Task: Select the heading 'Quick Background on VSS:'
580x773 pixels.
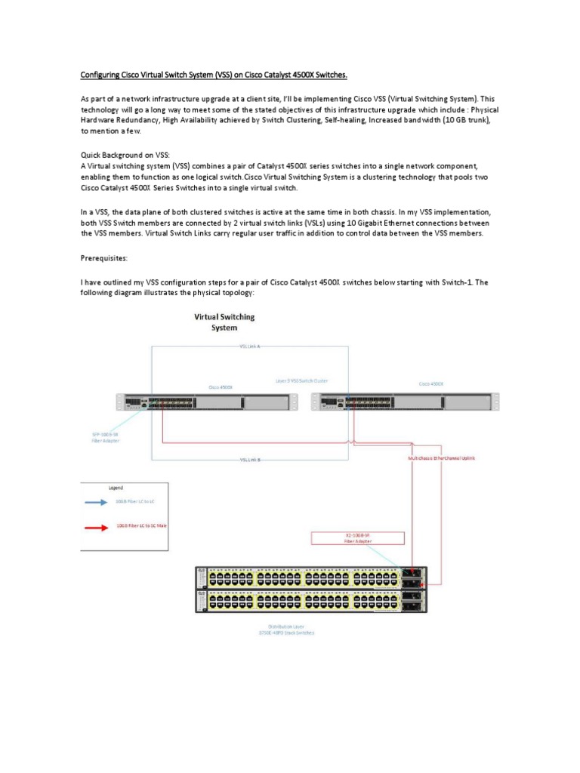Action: (x=126, y=154)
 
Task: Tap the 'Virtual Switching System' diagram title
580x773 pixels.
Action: (x=225, y=322)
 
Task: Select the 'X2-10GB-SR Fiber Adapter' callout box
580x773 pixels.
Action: (x=358, y=537)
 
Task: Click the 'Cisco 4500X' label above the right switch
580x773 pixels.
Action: (x=431, y=384)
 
